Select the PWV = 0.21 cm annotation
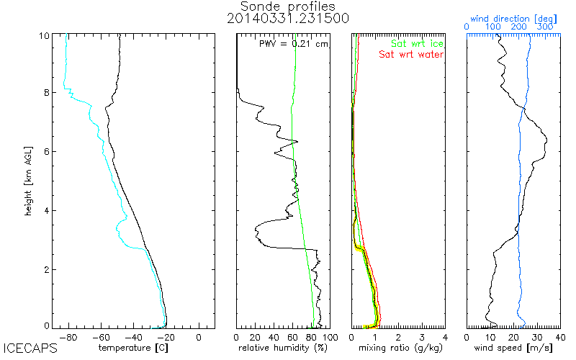(293, 44)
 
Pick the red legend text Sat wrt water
(411, 55)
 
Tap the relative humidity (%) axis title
(283, 348)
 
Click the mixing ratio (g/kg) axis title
(397, 348)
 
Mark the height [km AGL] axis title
(27, 180)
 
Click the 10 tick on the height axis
(44, 35)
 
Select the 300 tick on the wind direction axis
(545, 27)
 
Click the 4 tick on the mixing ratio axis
(445, 336)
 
